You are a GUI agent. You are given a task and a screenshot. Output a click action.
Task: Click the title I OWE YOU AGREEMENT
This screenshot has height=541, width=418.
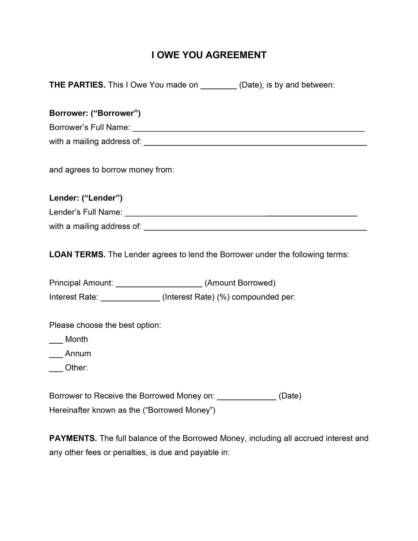(209, 55)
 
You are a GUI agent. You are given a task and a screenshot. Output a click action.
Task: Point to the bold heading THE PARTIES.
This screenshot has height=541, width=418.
(77, 85)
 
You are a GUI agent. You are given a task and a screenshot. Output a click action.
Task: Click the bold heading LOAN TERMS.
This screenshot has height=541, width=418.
(77, 254)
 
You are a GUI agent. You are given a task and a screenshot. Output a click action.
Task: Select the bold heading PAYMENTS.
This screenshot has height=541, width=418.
(73, 438)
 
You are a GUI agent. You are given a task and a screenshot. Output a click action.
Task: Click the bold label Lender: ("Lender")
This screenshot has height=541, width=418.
(86, 198)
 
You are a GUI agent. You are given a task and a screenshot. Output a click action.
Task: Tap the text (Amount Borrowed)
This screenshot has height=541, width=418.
(240, 283)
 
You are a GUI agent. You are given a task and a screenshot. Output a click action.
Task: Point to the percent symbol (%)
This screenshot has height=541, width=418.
(223, 297)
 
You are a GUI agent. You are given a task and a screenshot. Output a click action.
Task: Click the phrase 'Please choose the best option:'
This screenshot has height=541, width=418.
(105, 325)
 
